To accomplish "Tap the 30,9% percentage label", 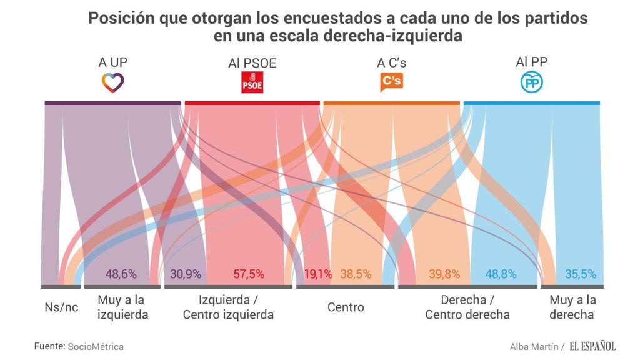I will (x=186, y=274).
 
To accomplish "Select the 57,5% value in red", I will (x=249, y=274).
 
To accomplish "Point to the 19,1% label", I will (x=319, y=274).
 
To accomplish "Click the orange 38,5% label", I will (x=356, y=274).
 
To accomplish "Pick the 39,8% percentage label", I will (x=444, y=274).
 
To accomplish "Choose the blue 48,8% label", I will (x=501, y=274).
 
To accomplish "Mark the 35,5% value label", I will (x=581, y=274).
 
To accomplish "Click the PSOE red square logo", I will (x=252, y=82).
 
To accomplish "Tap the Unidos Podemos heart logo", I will (x=113, y=82).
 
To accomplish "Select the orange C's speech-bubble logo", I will (x=392, y=82).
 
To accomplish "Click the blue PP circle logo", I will (x=532, y=82).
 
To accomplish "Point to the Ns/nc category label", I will (x=61, y=307).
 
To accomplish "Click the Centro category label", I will (x=346, y=307).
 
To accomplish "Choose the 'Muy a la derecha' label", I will (x=572, y=307).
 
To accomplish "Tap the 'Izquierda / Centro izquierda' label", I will (x=228, y=307).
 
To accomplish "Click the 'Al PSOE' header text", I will (x=252, y=63).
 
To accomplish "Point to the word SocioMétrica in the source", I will (x=96, y=346).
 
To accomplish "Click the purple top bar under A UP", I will (x=113, y=102).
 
